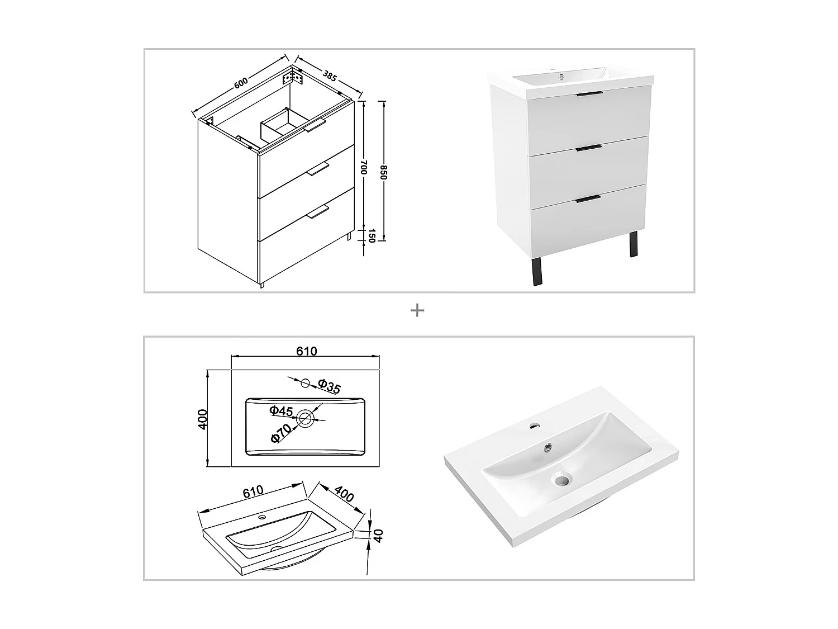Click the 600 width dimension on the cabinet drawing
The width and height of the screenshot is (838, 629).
(240, 82)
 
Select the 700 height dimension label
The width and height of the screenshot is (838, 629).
(364, 167)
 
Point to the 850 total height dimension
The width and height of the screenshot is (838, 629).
(384, 172)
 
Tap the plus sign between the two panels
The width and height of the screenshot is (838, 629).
(417, 310)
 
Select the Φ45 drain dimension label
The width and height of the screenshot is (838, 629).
(281, 411)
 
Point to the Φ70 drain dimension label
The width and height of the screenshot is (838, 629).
(281, 433)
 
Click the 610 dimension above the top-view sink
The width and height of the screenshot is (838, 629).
(306, 351)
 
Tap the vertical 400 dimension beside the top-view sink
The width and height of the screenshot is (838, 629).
(203, 419)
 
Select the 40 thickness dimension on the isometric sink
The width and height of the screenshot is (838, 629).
(378, 536)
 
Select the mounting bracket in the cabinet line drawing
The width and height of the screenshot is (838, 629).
(295, 77)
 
